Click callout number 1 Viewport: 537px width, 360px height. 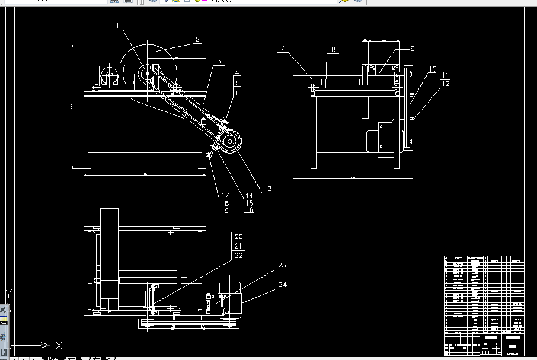[x=118, y=26]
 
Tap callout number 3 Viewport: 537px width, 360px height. [x=219, y=61]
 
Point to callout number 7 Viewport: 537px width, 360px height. [x=283, y=48]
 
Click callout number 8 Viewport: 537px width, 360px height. [x=334, y=50]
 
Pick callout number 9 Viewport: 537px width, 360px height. [x=413, y=49]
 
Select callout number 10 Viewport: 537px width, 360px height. [x=433, y=69]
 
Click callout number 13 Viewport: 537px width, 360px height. [x=268, y=189]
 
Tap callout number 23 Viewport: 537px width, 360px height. [x=282, y=265]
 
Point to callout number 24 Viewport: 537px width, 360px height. [x=283, y=285]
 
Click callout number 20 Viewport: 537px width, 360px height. [x=238, y=237]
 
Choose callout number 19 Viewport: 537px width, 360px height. [x=225, y=211]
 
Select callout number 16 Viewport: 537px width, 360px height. [x=249, y=210]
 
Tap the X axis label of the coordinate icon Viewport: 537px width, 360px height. [x=59, y=345]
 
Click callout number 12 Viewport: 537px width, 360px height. [x=445, y=84]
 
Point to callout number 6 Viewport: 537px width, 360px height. [x=237, y=93]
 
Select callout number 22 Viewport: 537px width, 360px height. [x=238, y=255]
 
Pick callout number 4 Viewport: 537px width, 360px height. [x=237, y=73]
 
